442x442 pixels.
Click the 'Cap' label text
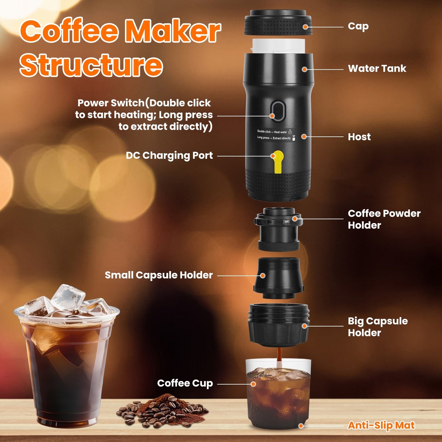(x=358, y=27)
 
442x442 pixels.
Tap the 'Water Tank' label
(x=377, y=69)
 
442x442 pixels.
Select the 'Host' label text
(x=359, y=137)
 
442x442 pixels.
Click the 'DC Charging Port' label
(x=169, y=156)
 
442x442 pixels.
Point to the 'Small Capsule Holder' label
(x=159, y=275)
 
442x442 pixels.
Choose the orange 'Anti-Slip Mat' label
(x=381, y=425)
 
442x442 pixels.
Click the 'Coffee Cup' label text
(x=185, y=383)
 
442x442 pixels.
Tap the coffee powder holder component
(x=278, y=228)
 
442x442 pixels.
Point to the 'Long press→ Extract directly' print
(x=274, y=138)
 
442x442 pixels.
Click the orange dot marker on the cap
(x=306, y=27)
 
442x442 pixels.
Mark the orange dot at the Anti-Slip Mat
(x=301, y=426)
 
